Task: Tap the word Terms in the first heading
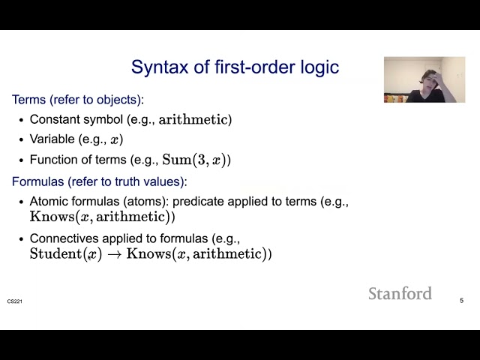coord(27,100)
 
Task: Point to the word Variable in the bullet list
coord(52,139)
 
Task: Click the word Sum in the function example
coord(176,160)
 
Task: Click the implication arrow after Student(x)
coord(114,254)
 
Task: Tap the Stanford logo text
coord(400,293)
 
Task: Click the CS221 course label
coord(15,301)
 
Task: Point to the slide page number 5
coord(461,301)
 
